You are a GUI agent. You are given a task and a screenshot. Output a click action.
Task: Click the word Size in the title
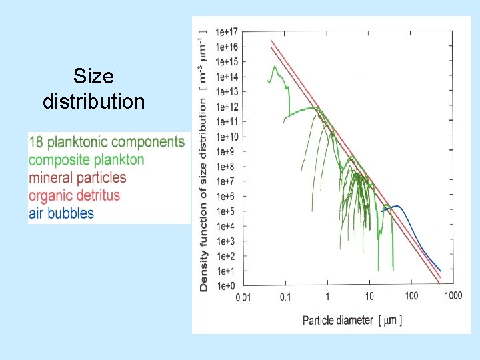[93, 76]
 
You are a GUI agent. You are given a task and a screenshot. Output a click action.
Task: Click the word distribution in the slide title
[93, 101]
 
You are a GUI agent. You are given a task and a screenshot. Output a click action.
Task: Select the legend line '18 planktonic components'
[107, 141]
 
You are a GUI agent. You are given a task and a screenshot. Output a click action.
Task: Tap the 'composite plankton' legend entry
[87, 159]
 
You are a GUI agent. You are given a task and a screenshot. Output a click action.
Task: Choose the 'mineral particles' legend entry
[77, 177]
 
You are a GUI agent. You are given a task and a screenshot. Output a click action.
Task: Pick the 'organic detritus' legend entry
[75, 195]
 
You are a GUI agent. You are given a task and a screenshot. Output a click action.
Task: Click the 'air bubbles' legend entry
[62, 213]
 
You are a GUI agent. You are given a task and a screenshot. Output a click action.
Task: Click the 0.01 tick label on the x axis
[243, 297]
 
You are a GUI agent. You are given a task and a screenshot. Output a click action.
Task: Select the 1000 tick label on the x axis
[453, 296]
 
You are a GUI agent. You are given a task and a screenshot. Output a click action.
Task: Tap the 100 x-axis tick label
[411, 296]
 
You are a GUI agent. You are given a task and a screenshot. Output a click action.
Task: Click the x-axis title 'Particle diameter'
[337, 320]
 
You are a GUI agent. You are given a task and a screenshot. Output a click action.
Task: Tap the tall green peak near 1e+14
[274, 67]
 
